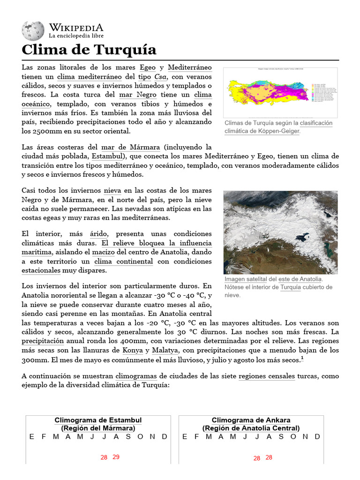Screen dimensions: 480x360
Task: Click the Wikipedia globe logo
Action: pos(33,30)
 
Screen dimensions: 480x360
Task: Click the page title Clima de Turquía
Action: pos(89,50)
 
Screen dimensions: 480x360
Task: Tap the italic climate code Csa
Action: pos(161,76)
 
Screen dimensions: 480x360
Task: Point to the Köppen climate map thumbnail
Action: pos(280,92)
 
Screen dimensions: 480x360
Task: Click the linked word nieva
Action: pos(112,191)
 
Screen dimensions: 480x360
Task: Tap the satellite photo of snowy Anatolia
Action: pos(280,232)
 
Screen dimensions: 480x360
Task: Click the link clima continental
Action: pos(124,262)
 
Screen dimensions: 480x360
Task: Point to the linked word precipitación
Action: pos(43,342)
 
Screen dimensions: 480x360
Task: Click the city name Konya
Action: pos(132,351)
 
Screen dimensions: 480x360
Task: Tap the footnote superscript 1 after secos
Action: pos(302,359)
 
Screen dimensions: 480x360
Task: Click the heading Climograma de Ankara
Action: pos(251,420)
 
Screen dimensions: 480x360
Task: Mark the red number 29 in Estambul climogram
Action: pos(116,457)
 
